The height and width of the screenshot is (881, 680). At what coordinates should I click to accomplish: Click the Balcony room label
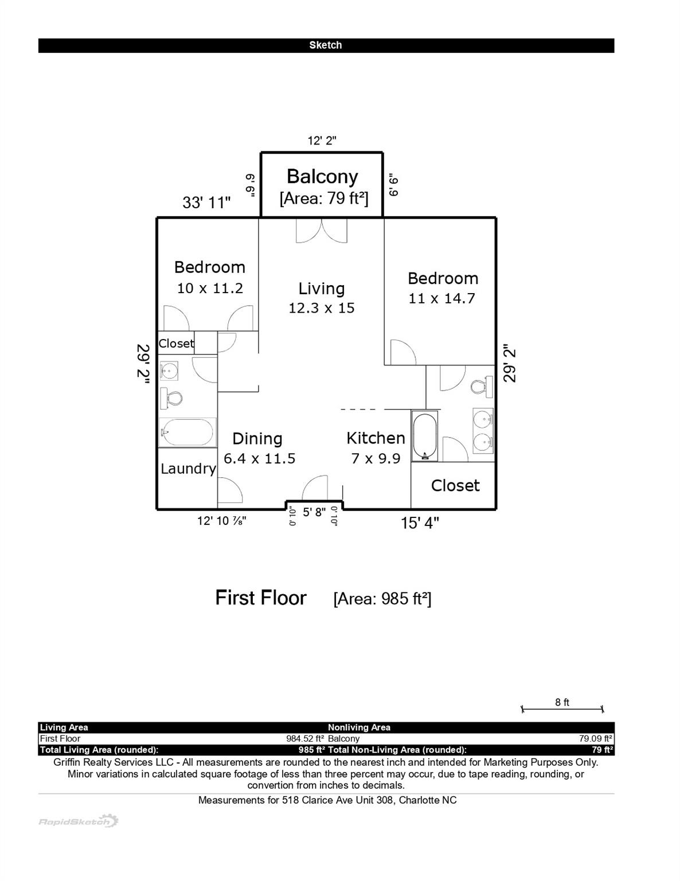pos(322,177)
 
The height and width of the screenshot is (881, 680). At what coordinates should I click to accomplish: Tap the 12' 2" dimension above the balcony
pos(322,141)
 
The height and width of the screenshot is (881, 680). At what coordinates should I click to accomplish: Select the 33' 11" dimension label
pos(206,202)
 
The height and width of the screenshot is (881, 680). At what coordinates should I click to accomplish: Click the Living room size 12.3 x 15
pos(321,308)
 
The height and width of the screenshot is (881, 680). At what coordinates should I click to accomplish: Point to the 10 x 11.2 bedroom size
pos(210,289)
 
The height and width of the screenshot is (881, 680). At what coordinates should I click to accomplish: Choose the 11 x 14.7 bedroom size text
pos(441,298)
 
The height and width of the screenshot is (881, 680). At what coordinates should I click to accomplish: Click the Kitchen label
pos(376,438)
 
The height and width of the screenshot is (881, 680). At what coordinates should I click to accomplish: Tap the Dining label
pos(257,439)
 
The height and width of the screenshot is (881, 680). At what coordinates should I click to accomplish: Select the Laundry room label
pos(188,469)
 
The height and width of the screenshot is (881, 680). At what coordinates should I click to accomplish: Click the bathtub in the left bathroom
pos(187,432)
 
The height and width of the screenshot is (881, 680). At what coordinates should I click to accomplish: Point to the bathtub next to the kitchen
pos(425,436)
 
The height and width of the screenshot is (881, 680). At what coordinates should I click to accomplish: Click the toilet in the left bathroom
pos(171,397)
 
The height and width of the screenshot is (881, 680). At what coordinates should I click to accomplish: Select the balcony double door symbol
pos(322,231)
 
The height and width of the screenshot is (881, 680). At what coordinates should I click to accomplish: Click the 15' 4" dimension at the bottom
pos(420,523)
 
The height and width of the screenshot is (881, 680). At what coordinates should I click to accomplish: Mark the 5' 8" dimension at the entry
pos(314,512)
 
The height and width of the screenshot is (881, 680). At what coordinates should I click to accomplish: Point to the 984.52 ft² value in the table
pos(305,739)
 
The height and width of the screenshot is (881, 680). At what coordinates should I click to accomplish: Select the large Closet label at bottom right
pos(455,486)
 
